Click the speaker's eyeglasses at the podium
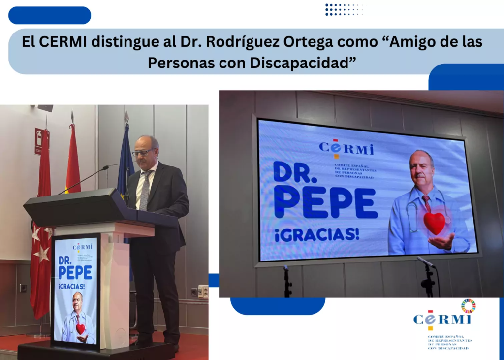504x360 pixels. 142,152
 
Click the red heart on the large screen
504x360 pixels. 434,223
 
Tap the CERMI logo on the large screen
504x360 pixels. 346,148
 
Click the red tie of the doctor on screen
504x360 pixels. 426,202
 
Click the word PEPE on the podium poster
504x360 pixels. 76,272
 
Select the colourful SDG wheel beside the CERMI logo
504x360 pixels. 469,306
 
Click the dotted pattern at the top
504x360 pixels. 344,9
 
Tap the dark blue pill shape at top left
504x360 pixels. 50,15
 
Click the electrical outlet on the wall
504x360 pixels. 203,292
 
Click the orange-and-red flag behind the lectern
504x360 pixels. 72,158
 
